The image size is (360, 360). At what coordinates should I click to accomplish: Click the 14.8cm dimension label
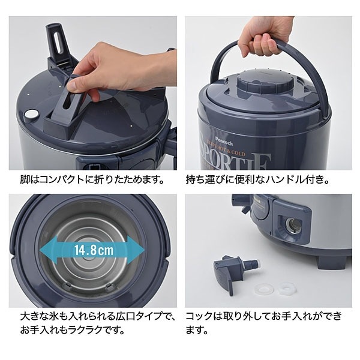(x=94, y=250)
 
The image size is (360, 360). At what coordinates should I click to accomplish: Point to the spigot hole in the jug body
(x=293, y=224)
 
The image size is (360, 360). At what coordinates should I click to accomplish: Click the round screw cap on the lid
(x=265, y=84)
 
